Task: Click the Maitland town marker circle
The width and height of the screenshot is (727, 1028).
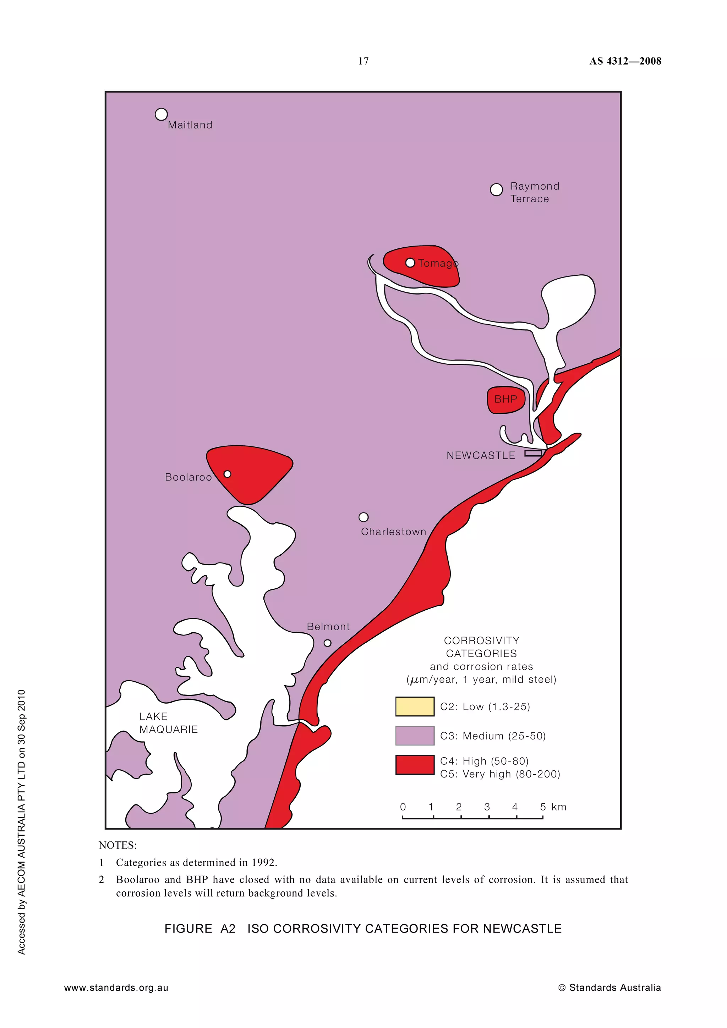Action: pos(161,115)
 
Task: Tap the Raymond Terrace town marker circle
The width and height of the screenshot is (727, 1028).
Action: pos(496,190)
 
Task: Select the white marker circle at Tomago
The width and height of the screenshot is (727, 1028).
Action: pos(410,263)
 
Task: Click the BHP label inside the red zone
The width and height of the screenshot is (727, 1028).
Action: pos(506,399)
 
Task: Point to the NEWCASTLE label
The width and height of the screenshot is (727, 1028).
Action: pos(481,455)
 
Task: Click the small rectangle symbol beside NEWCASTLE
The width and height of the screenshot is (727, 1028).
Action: pos(533,453)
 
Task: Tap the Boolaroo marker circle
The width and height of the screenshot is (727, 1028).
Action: pos(228,474)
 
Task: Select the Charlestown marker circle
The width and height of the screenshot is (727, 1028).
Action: pos(364,517)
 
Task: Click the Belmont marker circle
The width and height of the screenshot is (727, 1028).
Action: pos(327,643)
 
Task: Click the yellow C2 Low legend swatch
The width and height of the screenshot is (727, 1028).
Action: pos(415,707)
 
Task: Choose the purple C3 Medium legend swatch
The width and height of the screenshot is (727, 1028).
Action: pos(415,736)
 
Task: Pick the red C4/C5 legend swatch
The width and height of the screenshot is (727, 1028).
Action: pos(415,765)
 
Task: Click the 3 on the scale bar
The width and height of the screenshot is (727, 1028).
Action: pos(487,807)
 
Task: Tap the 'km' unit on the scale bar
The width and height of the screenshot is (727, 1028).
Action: pos(559,807)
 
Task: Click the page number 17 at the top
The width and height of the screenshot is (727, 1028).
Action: pos(363,61)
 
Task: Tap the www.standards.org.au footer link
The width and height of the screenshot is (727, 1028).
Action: pos(116,988)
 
